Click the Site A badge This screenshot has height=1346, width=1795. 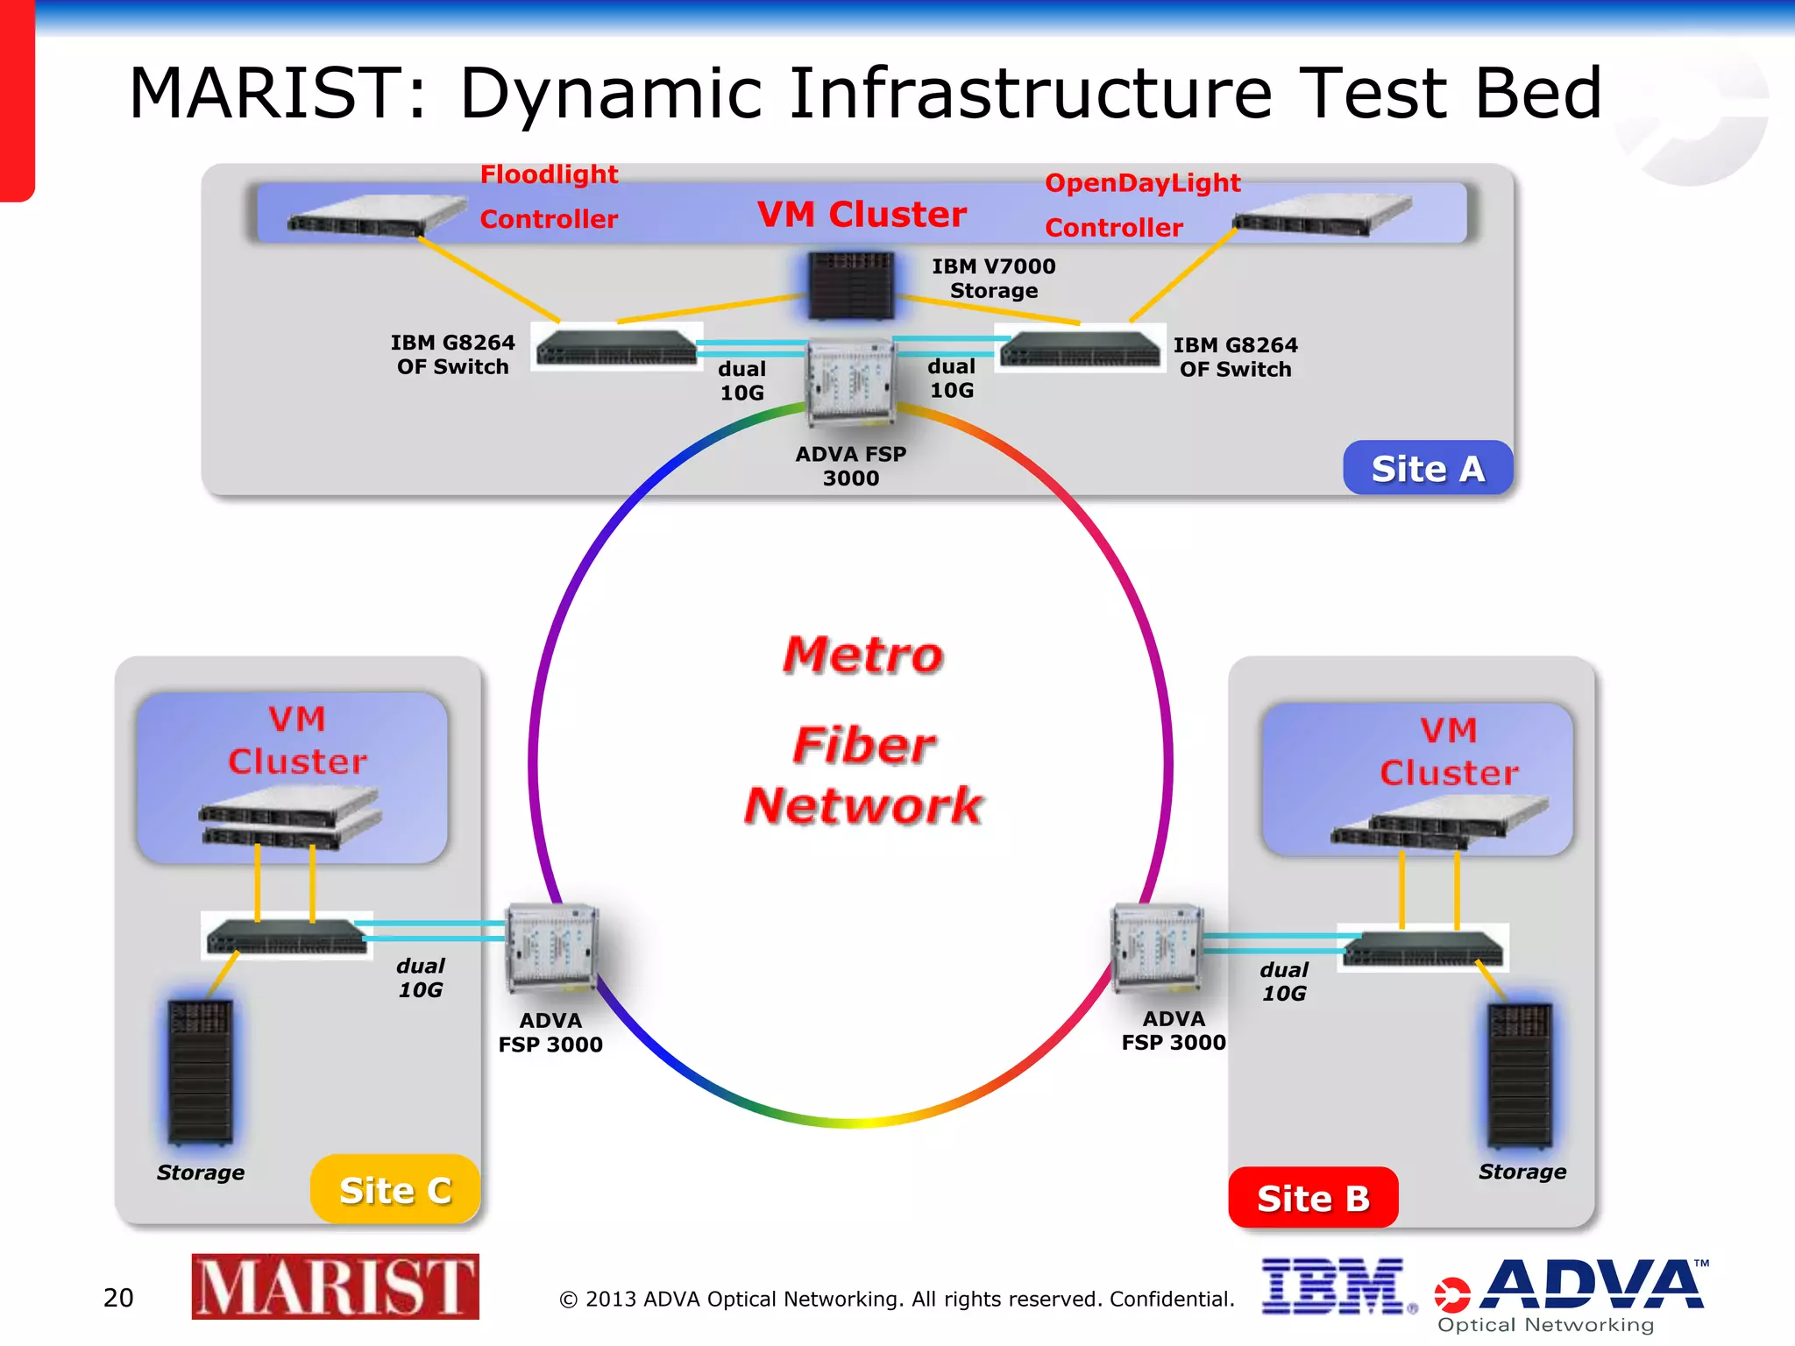tap(1427, 468)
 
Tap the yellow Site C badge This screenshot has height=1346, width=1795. tap(395, 1190)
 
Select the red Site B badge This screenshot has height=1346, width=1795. tap(1312, 1197)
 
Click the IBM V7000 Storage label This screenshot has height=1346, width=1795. tap(993, 278)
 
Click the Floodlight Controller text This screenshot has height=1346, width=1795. tap(549, 196)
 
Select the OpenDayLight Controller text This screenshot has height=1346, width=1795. tap(1141, 204)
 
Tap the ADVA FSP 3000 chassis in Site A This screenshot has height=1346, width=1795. tap(850, 382)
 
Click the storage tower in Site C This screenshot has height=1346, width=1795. tap(201, 1071)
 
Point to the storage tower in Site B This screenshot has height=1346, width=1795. tap(1520, 1075)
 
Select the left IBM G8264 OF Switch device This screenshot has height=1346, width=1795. tap(616, 347)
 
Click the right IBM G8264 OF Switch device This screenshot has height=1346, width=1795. tap(1080, 349)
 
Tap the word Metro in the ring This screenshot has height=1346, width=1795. tap(862, 655)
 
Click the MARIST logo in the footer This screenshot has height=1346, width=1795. tap(335, 1286)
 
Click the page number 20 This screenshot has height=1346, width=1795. tap(118, 1297)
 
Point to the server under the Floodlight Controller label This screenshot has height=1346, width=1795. tap(377, 216)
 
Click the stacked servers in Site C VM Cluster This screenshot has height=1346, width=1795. tap(289, 818)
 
